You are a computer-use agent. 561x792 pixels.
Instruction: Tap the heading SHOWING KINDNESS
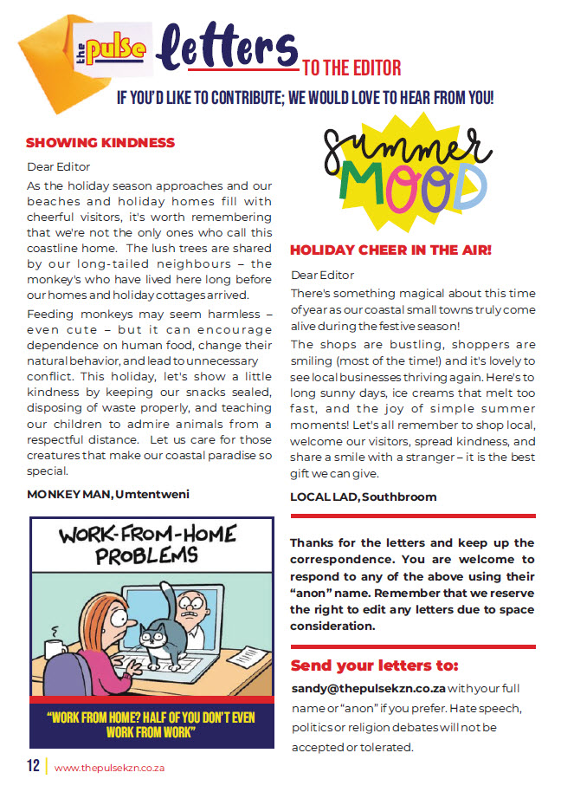point(100,142)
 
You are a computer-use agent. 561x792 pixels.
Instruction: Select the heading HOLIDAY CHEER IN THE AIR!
point(390,250)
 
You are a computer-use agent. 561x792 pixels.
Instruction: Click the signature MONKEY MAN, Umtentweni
point(108,494)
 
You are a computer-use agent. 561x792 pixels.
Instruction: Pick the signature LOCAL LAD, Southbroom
point(364,497)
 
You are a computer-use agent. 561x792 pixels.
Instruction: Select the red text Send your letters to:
point(374,665)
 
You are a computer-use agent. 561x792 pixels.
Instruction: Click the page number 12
point(33,766)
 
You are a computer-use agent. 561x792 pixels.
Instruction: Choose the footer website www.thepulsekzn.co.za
point(109,767)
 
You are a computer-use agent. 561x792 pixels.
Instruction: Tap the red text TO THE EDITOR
point(351,68)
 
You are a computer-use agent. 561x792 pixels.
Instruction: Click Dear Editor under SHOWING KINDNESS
point(59,166)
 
